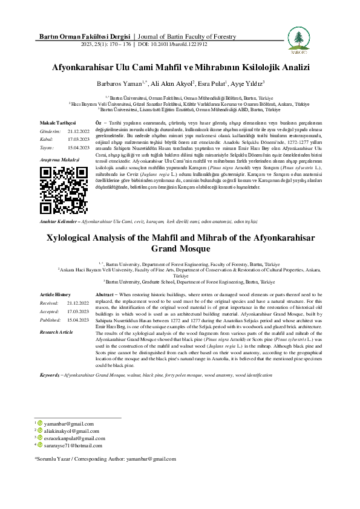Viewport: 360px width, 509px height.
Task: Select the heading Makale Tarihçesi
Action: (57, 122)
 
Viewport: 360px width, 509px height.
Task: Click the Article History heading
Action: (56, 294)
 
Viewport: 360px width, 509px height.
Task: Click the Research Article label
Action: (56, 332)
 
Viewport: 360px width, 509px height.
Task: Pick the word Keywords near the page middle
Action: (50, 375)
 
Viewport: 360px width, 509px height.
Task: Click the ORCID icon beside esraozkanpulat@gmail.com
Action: (41, 438)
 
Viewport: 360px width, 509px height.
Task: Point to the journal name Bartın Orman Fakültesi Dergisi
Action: (82, 37)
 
